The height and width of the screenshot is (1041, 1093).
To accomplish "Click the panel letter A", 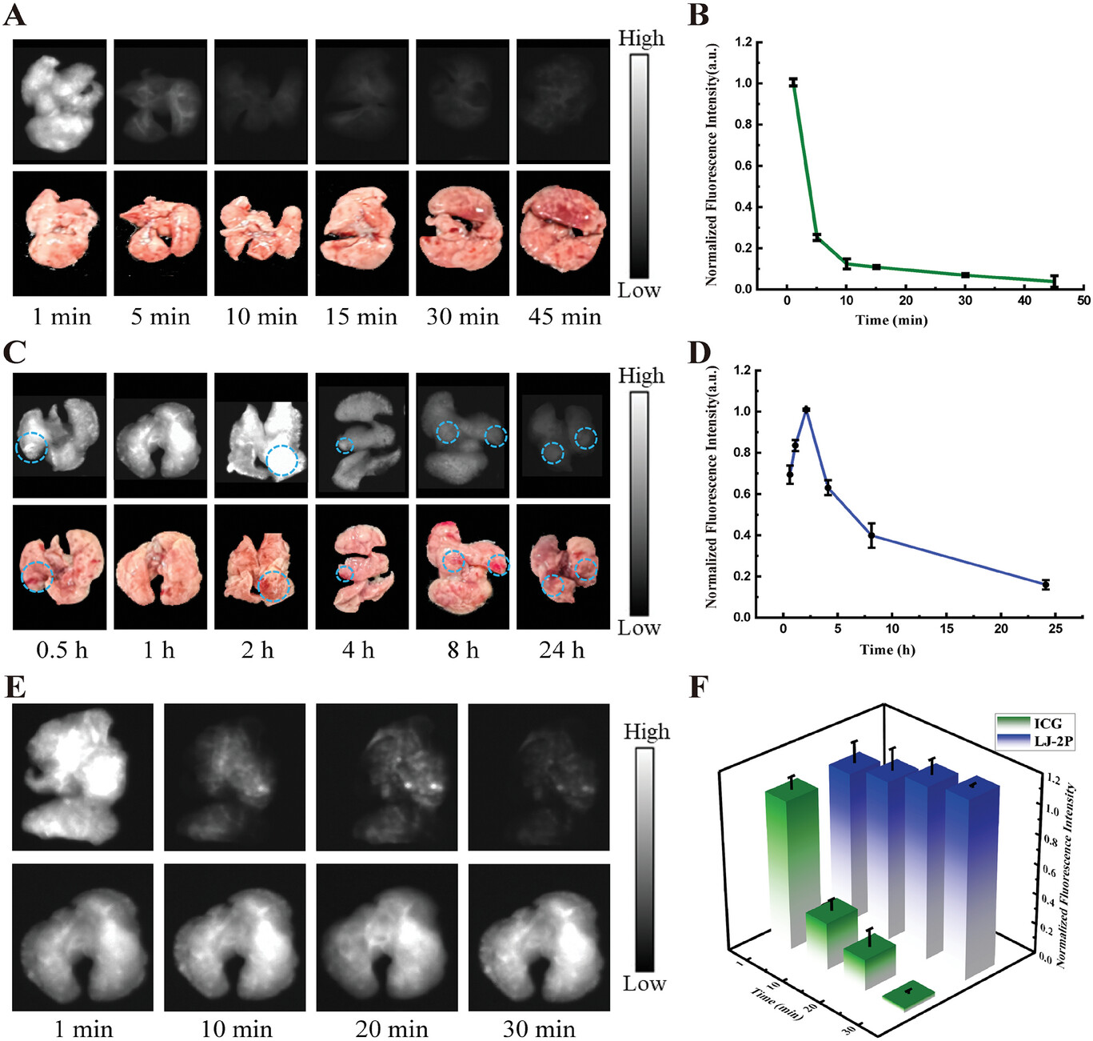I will click(x=14, y=14).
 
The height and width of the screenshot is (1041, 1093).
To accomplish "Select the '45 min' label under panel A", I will click(x=564, y=317).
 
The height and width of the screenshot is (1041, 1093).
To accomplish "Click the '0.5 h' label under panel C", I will click(x=62, y=650).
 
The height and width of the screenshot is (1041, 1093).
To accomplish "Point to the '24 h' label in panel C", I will click(x=561, y=650).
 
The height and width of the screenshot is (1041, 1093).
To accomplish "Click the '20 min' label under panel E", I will click(x=392, y=1028).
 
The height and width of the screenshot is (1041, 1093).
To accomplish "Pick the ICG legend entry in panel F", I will click(x=1036, y=723).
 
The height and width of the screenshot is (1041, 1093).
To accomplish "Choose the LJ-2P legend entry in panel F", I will click(x=1036, y=741).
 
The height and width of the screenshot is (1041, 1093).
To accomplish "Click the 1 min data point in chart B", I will click(x=793, y=82).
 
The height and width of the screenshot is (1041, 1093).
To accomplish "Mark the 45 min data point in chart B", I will click(x=1054, y=281).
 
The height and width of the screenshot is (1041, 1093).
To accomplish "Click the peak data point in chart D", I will click(x=806, y=410).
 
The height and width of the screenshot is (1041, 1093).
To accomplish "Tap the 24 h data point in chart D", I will click(x=1045, y=585).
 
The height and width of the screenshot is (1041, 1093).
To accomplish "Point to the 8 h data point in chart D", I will click(x=872, y=535).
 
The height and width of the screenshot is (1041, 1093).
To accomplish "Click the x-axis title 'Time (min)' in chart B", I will click(x=892, y=320).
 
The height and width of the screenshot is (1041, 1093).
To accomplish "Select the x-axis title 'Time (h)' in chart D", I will click(x=888, y=649).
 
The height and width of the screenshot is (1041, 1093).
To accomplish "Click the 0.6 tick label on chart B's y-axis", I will click(x=744, y=166).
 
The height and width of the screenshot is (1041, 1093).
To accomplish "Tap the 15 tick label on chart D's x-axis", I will click(x=947, y=629).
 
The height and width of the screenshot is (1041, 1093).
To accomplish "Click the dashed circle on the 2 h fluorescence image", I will click(x=281, y=460).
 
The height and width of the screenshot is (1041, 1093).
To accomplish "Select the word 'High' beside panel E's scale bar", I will click(x=646, y=731).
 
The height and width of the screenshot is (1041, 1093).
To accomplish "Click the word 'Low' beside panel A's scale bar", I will click(x=639, y=290).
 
